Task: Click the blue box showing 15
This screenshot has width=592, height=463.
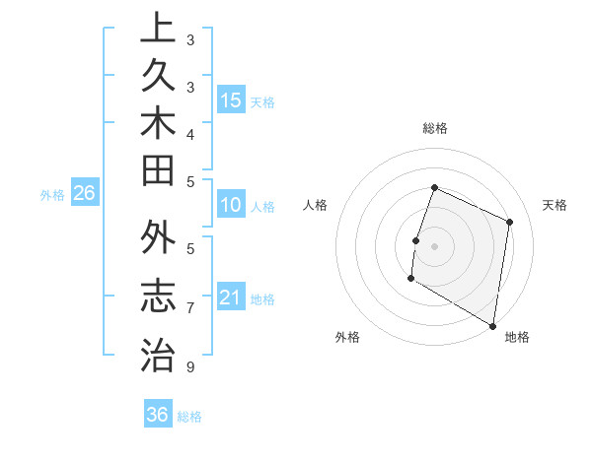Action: coord(231,99)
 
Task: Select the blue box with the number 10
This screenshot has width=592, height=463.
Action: coord(231,206)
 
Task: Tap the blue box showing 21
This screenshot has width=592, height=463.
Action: coord(231,298)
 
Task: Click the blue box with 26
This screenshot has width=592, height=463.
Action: coord(85,193)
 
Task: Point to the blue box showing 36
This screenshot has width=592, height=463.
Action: coord(158,415)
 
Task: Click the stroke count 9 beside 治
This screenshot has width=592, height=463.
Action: coord(189,367)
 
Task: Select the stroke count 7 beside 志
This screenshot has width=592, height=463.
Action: coord(189,308)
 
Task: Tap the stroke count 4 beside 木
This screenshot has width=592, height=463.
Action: coord(189,134)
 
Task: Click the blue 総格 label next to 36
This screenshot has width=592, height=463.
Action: coord(189,417)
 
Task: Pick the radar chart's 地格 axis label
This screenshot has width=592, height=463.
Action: coord(516,337)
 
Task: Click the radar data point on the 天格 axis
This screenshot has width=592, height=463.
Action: coord(510,222)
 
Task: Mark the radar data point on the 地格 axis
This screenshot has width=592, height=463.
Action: coord(492,324)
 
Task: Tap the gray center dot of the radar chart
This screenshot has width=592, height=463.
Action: coord(434,245)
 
